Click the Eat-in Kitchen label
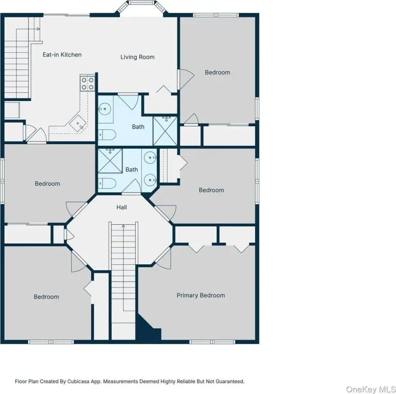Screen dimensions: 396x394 click(62, 54)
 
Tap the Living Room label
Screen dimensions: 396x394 click(137, 57)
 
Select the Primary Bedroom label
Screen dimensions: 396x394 click(201, 295)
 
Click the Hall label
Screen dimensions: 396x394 click(121, 207)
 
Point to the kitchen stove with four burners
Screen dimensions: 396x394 click(88, 84)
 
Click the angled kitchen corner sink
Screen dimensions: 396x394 click(78, 124)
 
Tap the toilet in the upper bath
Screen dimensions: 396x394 click(107, 135)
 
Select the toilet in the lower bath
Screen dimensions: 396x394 click(107, 183)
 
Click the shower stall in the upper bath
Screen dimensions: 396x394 click(165, 131)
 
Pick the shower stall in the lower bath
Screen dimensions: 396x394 click(110, 161)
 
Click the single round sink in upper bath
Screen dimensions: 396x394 click(105, 109)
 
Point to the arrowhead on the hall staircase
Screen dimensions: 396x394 click(123, 226)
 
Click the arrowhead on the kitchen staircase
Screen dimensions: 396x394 click(38, 29)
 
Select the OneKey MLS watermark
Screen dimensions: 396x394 click(370, 389)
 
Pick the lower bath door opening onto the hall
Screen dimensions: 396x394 click(132, 187)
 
